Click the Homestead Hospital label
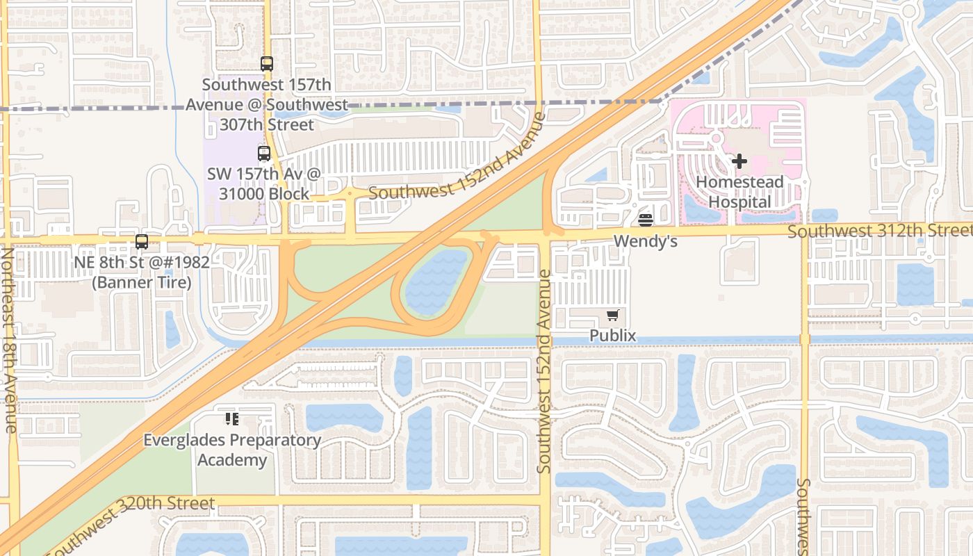click(739, 192)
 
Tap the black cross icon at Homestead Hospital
click(739, 161)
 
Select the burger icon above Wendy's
click(646, 220)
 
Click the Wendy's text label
click(646, 242)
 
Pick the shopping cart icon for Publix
click(612, 316)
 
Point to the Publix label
click(612, 336)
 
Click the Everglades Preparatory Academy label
click(232, 450)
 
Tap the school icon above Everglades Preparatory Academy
click(232, 419)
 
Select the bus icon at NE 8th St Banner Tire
click(142, 242)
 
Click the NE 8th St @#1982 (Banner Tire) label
click(142, 272)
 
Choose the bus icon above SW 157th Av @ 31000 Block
click(264, 154)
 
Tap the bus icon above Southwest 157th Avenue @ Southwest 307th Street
click(267, 64)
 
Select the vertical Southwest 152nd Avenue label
click(545, 372)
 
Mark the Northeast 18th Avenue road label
click(9, 340)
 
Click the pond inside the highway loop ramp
click(436, 281)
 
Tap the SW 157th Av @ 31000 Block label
click(264, 183)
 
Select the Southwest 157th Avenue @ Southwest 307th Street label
click(267, 105)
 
